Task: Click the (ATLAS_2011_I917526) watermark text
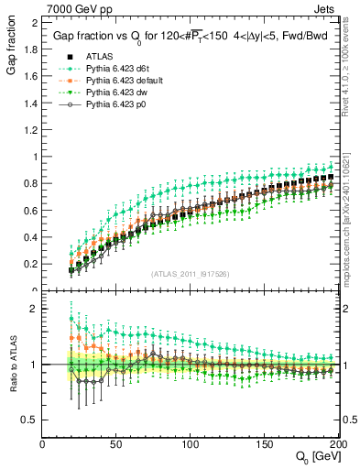tap(191, 273)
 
